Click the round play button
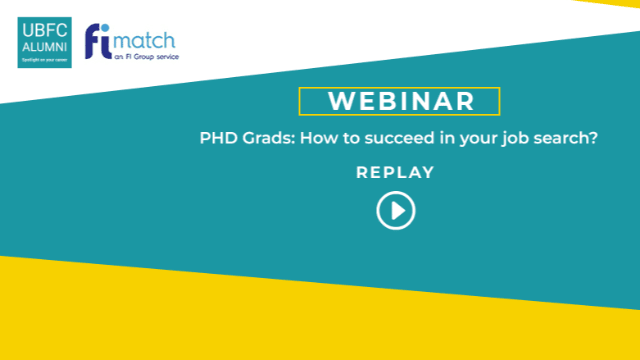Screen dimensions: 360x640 [x=396, y=211]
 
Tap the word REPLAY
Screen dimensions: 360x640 [x=395, y=172]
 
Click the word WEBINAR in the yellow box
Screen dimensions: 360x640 [x=399, y=102]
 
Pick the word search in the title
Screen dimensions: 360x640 [x=562, y=139]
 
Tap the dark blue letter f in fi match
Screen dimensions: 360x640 [x=96, y=43]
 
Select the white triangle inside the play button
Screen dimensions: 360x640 [x=397, y=211]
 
